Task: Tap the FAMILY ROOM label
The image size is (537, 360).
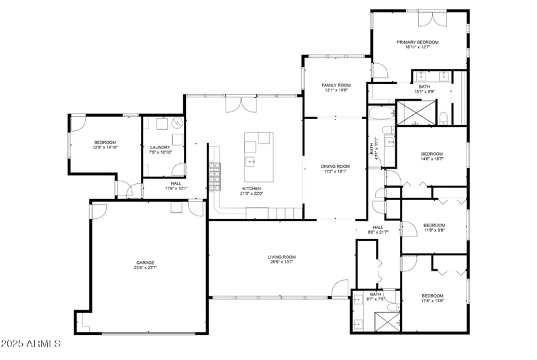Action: tap(336, 85)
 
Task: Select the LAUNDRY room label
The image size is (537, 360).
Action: tap(160, 147)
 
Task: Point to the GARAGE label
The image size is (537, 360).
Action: tap(146, 263)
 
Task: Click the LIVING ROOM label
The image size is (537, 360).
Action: tap(282, 257)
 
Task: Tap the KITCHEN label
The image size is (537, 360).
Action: tap(252, 189)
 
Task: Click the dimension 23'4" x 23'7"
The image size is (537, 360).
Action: tap(146, 268)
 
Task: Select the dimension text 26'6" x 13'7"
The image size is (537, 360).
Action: tap(282, 262)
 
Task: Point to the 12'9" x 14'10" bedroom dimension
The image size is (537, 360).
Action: tap(105, 148)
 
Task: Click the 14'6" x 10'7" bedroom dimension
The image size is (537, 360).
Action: tap(433, 159)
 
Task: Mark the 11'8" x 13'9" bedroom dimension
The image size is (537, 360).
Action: tap(433, 301)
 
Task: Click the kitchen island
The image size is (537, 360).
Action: tap(258, 156)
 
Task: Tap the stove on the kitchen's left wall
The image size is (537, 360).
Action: tap(215, 177)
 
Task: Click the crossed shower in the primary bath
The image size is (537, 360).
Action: tap(416, 112)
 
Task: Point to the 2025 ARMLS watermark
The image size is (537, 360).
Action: tap(31, 343)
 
